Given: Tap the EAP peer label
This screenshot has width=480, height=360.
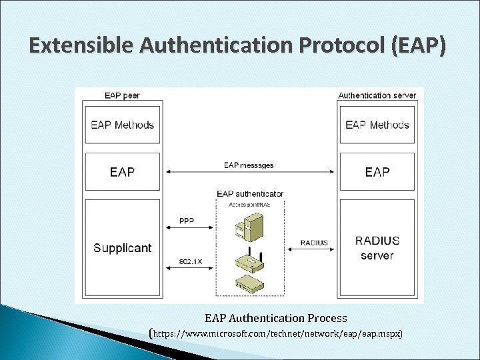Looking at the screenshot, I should click(122, 95).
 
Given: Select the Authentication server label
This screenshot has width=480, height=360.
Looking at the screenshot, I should click(377, 95).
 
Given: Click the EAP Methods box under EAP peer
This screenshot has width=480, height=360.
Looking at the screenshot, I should click(123, 125).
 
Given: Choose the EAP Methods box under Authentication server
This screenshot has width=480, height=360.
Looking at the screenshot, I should click(377, 125).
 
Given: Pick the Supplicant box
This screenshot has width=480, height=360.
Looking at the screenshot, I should click(123, 248).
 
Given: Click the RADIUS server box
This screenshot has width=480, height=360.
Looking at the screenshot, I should click(377, 248).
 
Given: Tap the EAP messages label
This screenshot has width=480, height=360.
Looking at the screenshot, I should click(249, 165).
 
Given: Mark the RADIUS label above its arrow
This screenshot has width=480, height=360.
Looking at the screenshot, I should click(315, 243).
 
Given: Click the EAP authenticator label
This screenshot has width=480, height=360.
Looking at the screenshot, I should click(250, 194).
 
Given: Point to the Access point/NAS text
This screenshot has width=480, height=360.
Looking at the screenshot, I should click(250, 203).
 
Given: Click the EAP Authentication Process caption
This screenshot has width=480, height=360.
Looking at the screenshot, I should click(275, 318).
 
